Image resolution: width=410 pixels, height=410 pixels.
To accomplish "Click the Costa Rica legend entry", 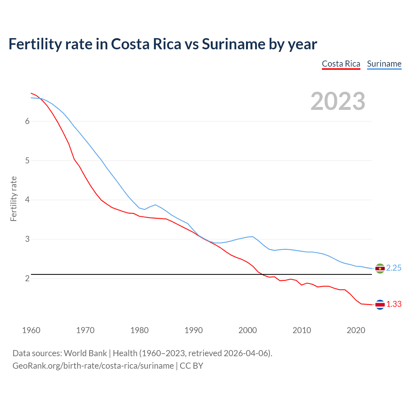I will pyautogui.click(x=341, y=64).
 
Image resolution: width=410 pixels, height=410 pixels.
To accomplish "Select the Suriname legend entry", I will pyautogui.click(x=384, y=64).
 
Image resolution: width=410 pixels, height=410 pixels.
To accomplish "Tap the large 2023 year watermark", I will pyautogui.click(x=338, y=101).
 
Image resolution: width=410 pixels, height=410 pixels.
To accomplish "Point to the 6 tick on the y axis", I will pyautogui.click(x=27, y=121).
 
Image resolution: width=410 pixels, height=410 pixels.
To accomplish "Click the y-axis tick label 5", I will pyautogui.click(x=27, y=160).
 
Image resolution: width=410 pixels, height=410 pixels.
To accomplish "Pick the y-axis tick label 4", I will pyautogui.click(x=27, y=200).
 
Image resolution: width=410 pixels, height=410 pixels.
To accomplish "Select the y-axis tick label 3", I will pyautogui.click(x=27, y=239).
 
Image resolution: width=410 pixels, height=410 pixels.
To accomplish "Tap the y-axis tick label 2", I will pyautogui.click(x=27, y=278).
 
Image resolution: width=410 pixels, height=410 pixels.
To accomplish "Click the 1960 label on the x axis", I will pyautogui.click(x=31, y=330).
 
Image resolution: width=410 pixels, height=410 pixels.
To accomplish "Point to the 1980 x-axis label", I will pyautogui.click(x=139, y=330).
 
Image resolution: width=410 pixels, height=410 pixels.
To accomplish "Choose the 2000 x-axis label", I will pyautogui.click(x=248, y=330).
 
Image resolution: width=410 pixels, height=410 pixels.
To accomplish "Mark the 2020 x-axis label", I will pyautogui.click(x=356, y=330).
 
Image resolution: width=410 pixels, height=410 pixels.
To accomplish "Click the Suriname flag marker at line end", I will pyautogui.click(x=380, y=268).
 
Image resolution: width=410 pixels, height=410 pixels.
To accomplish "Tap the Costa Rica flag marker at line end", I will pyautogui.click(x=380, y=305).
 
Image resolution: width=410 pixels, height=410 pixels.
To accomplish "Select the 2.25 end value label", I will pyautogui.click(x=394, y=268).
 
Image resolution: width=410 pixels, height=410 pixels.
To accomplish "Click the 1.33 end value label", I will pyautogui.click(x=394, y=304).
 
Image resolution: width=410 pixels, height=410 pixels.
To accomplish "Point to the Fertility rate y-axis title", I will pyautogui.click(x=13, y=199).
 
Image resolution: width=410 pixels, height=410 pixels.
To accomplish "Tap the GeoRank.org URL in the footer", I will pyautogui.click(x=93, y=366).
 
